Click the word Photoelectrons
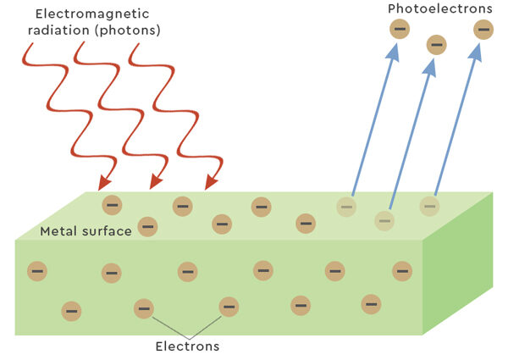(439, 8)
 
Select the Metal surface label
(86, 231)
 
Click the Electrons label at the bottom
(187, 346)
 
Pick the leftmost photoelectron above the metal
(400, 30)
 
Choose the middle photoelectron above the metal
(436, 45)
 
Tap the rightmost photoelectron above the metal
(483, 30)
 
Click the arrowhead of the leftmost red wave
(105, 182)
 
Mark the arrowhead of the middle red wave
(155, 182)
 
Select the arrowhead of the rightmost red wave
(211, 182)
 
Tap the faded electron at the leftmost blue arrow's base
(345, 206)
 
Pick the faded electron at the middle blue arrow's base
(384, 220)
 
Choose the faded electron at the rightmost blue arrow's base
(430, 205)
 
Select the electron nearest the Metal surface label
(147, 226)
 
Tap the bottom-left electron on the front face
(71, 312)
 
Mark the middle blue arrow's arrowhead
(429, 66)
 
